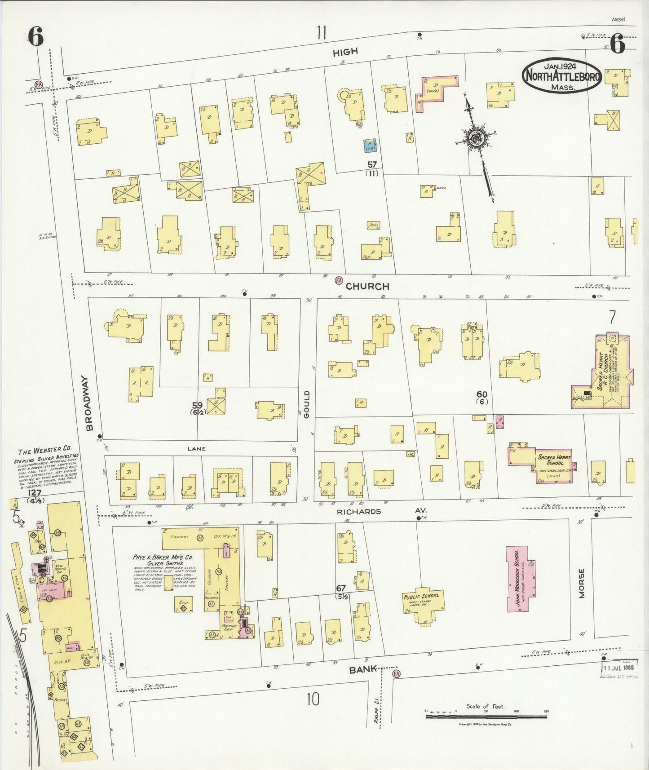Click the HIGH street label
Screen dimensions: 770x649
345,52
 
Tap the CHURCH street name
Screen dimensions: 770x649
367,286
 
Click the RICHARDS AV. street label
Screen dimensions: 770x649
382,511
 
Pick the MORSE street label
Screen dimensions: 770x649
582,583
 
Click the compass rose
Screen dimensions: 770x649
475,138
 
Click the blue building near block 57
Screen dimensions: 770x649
370,145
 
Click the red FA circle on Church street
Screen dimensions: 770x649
339,280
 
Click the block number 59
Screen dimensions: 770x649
197,405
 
